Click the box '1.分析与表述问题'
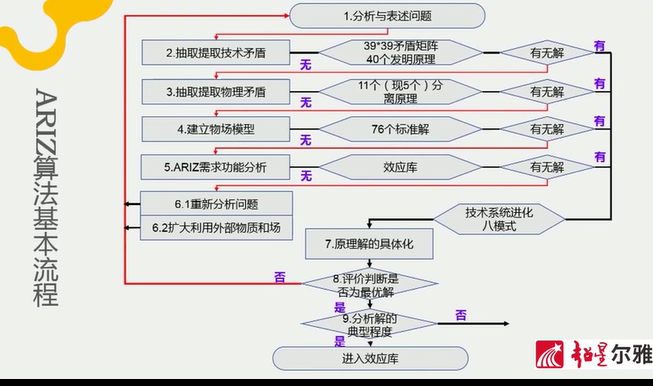[x=386, y=15]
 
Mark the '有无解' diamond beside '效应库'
[x=547, y=166]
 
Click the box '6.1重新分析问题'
[x=216, y=203]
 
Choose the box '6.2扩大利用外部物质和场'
[x=216, y=228]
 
